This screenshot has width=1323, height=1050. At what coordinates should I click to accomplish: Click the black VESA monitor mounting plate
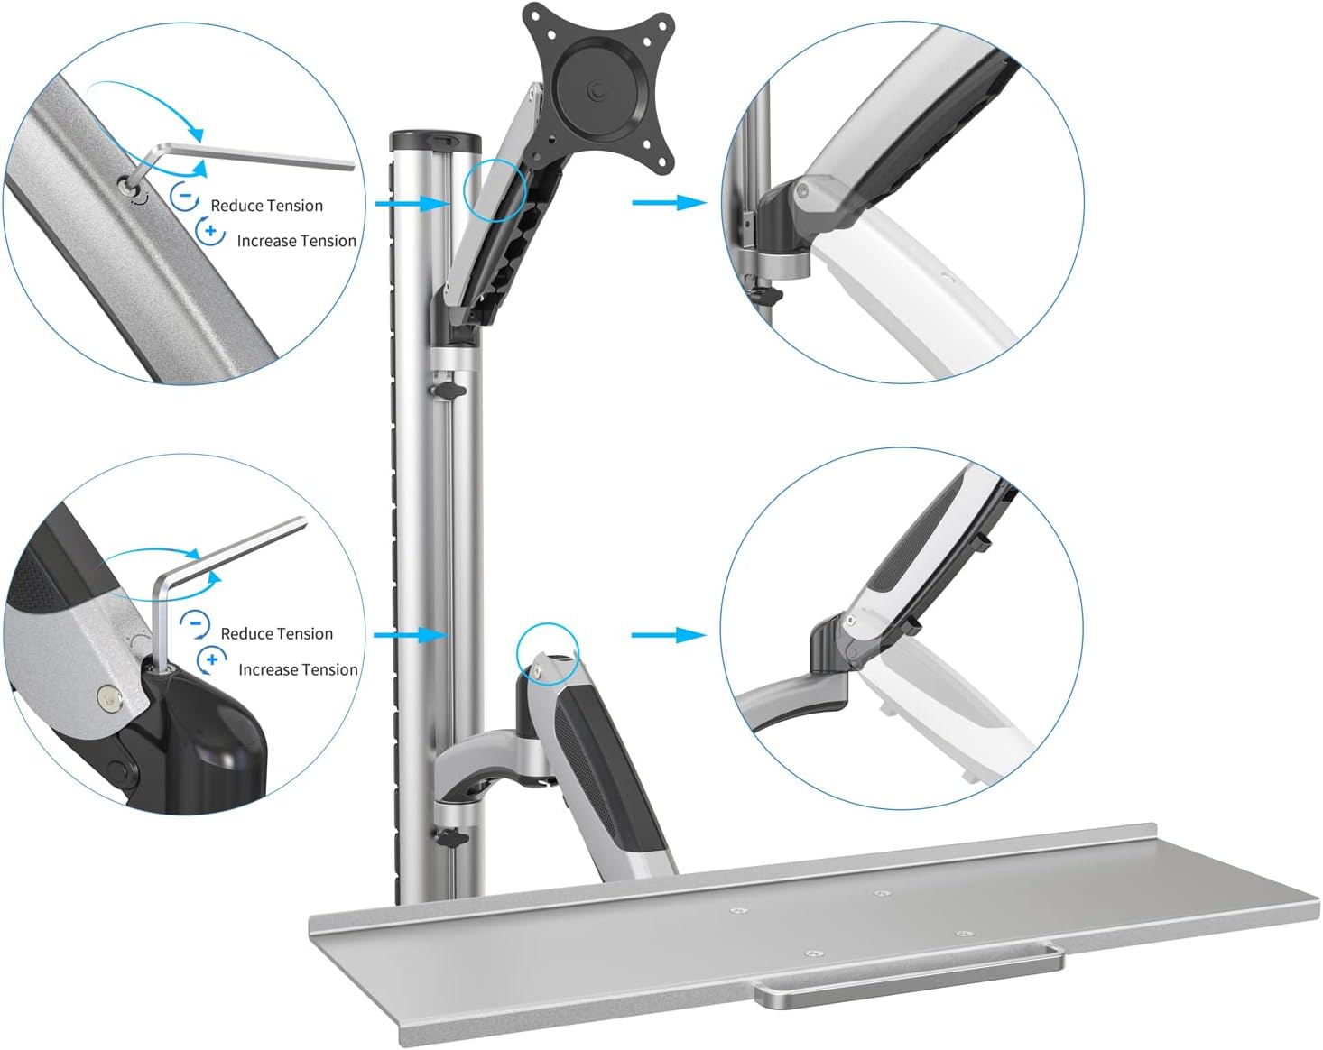597,86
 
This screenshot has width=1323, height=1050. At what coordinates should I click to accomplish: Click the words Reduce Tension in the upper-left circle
266,206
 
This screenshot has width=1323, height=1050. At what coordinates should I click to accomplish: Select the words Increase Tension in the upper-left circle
296,240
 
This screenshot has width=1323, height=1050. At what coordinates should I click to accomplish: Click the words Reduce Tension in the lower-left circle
277,633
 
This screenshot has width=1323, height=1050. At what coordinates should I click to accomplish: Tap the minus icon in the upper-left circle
185,197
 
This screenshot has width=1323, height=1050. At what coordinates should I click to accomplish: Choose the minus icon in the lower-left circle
195,624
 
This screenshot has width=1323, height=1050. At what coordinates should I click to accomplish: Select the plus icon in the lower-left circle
212,659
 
